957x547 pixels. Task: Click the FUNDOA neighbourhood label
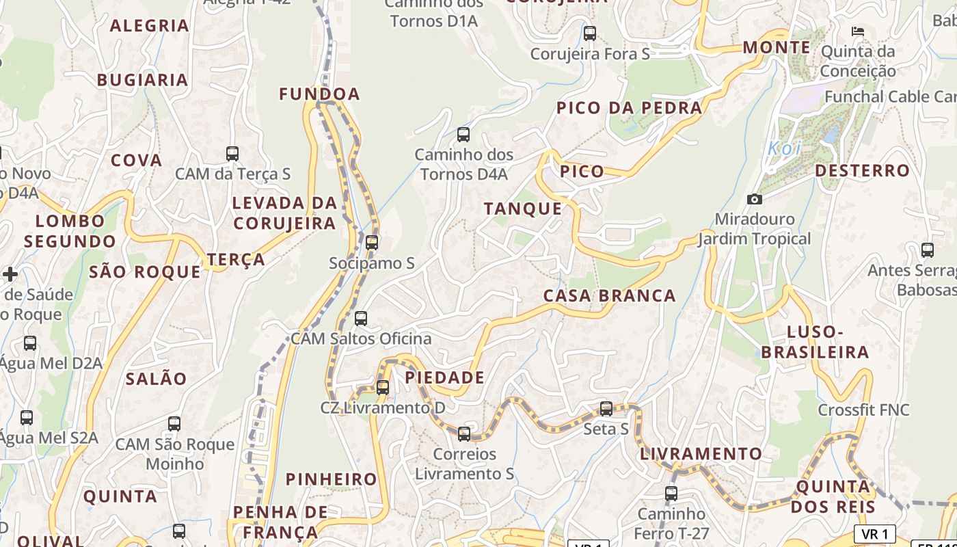pyautogui.click(x=319, y=94)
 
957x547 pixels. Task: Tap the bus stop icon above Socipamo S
pyautogui.click(x=372, y=243)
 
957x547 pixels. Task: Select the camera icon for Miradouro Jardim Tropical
pyautogui.click(x=755, y=199)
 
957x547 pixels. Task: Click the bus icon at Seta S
pyautogui.click(x=606, y=409)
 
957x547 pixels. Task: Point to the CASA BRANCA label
pyautogui.click(x=609, y=295)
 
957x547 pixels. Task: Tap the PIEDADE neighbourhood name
pyautogui.click(x=444, y=377)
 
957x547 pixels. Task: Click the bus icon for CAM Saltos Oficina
pyautogui.click(x=361, y=319)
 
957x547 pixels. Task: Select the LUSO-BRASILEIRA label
pyautogui.click(x=815, y=342)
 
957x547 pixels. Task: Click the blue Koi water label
pyautogui.click(x=783, y=148)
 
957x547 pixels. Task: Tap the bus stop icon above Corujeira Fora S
pyautogui.click(x=589, y=33)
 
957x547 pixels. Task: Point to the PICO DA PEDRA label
pyautogui.click(x=629, y=108)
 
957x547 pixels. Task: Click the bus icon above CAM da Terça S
pyautogui.click(x=232, y=153)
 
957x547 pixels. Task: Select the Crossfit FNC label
pyautogui.click(x=863, y=410)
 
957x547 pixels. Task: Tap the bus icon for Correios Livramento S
pyautogui.click(x=464, y=433)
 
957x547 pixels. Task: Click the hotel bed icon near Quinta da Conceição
pyautogui.click(x=858, y=31)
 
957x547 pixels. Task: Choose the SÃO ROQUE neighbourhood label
pyautogui.click(x=145, y=271)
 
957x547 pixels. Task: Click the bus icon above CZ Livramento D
pyautogui.click(x=383, y=387)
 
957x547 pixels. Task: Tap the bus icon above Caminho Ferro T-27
pyautogui.click(x=671, y=493)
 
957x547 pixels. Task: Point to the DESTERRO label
pyautogui.click(x=862, y=170)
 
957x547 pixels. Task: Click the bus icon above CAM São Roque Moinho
pyautogui.click(x=174, y=424)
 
